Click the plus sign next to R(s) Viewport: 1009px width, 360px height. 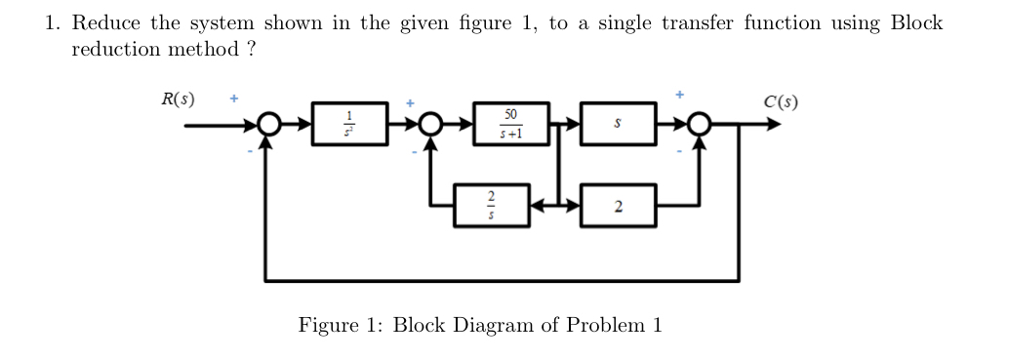pos(232,99)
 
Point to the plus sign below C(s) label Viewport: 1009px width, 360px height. pos(681,96)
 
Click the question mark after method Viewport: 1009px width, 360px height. pos(251,50)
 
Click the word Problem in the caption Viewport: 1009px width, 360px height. pos(600,325)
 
